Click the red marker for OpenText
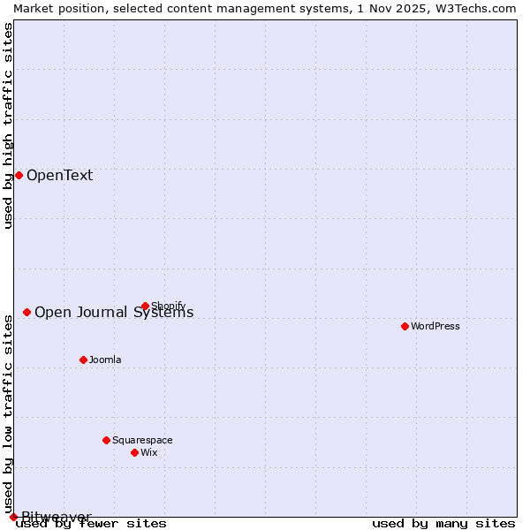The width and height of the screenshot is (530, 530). tap(19, 175)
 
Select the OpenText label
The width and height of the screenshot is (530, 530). tap(59, 175)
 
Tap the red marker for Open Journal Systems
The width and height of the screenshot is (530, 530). tap(27, 312)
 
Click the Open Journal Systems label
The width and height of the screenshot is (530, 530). tap(114, 313)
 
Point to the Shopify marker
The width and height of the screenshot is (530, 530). tap(146, 307)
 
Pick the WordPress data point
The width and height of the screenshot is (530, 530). tap(405, 326)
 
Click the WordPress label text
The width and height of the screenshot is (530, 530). tap(435, 326)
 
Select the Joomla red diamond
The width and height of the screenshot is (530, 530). tap(84, 360)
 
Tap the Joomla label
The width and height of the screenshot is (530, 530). tap(105, 360)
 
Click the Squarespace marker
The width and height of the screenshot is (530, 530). tap(107, 440)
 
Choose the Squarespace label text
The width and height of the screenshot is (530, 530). tap(142, 440)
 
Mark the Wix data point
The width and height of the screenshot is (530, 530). tap(135, 452)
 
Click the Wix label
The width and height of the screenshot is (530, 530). tap(149, 452)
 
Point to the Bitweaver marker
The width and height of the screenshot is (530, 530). tap(13, 517)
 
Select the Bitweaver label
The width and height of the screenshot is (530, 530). tap(57, 517)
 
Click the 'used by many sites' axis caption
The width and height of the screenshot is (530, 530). tap(443, 523)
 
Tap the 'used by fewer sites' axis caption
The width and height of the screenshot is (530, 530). tap(92, 523)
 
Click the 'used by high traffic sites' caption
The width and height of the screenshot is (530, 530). tap(8, 125)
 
